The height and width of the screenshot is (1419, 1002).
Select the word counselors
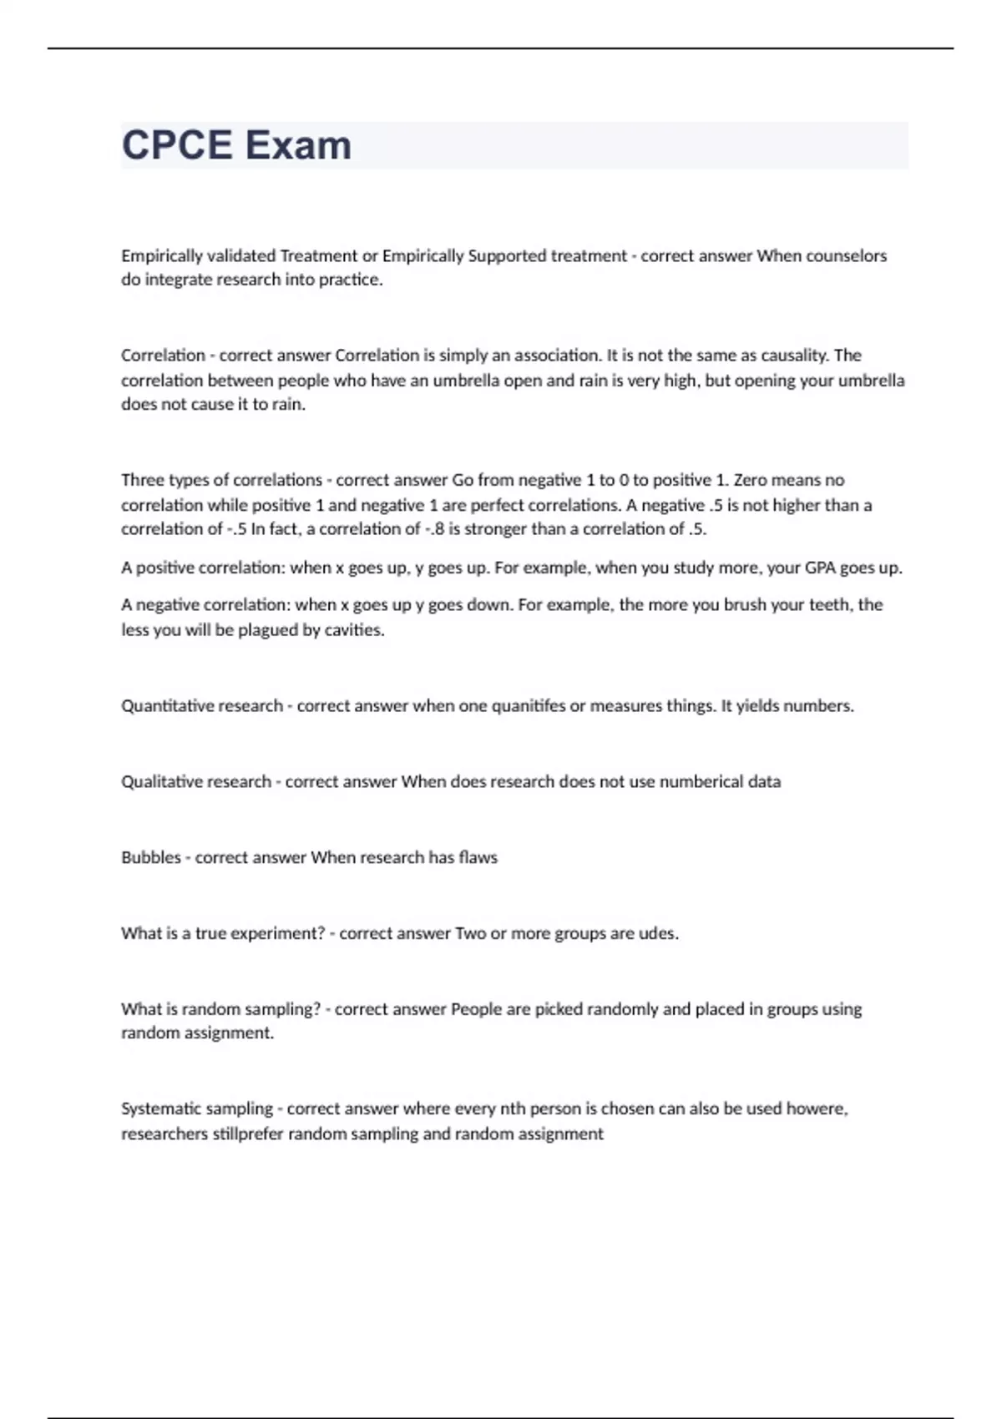[846, 255]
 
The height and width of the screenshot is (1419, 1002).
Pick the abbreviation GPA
[819, 568]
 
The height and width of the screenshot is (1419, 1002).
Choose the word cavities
[356, 630]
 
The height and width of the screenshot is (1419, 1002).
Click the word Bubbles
[151, 857]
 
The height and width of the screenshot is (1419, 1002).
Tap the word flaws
[478, 857]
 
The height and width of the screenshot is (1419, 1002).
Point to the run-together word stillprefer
[247, 1134]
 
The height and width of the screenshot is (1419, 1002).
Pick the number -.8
[434, 529]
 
